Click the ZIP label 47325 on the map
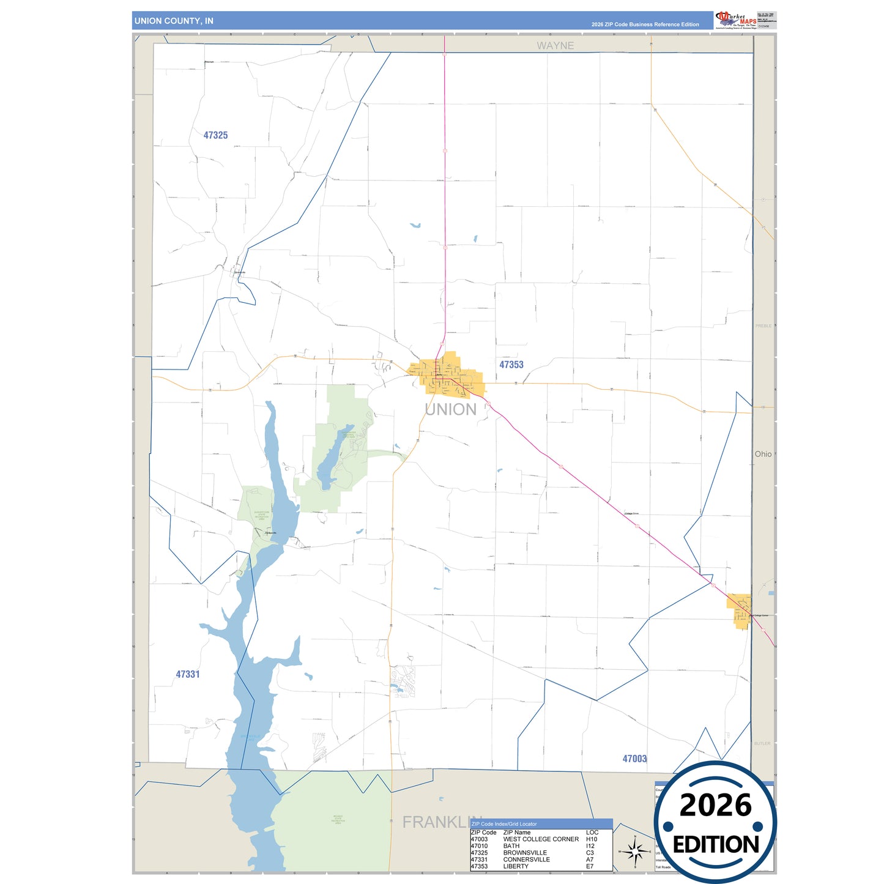tap(215, 135)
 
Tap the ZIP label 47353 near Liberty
tap(511, 365)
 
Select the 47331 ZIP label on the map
tap(188, 674)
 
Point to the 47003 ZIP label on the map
tap(634, 759)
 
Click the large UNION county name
tap(450, 409)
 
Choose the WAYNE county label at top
tap(555, 45)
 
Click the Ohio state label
tap(763, 454)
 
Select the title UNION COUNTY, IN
tap(174, 21)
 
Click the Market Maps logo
tap(735, 20)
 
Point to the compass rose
tap(635, 851)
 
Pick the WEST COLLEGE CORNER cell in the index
tap(541, 839)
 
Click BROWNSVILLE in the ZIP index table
tap(525, 853)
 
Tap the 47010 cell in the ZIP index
tap(479, 846)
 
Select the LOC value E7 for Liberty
tap(590, 866)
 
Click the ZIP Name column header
tap(516, 833)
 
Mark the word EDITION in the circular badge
tap(716, 845)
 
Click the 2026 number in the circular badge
tap(715, 805)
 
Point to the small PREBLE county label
tap(763, 326)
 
